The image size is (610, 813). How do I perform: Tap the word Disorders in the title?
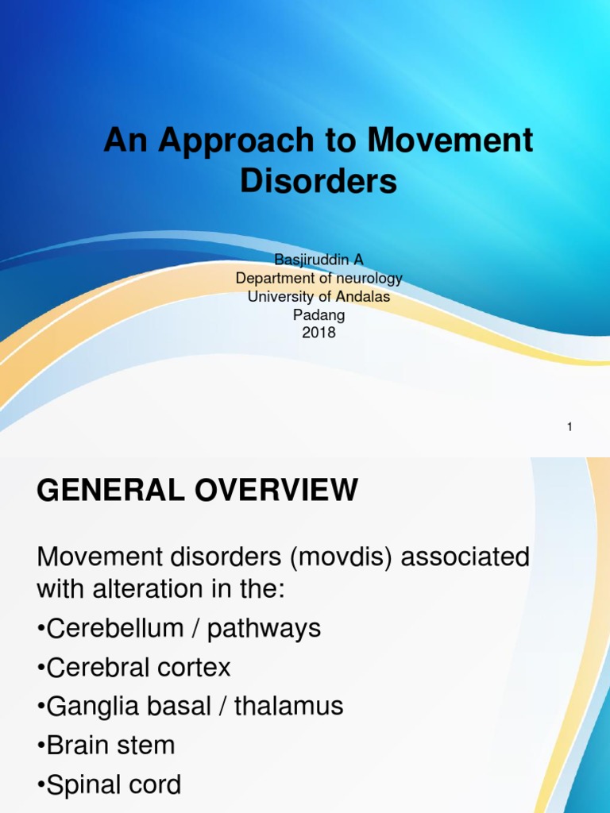319,181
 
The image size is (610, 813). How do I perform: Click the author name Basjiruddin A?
319,260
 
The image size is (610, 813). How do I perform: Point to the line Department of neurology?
319,279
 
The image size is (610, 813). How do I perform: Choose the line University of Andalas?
319,296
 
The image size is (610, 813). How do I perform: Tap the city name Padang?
319,314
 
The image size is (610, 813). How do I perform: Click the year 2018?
319,333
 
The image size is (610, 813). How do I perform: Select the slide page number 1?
569,427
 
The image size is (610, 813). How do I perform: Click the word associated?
466,557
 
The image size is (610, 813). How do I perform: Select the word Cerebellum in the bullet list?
115,628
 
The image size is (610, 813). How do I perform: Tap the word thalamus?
289,706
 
